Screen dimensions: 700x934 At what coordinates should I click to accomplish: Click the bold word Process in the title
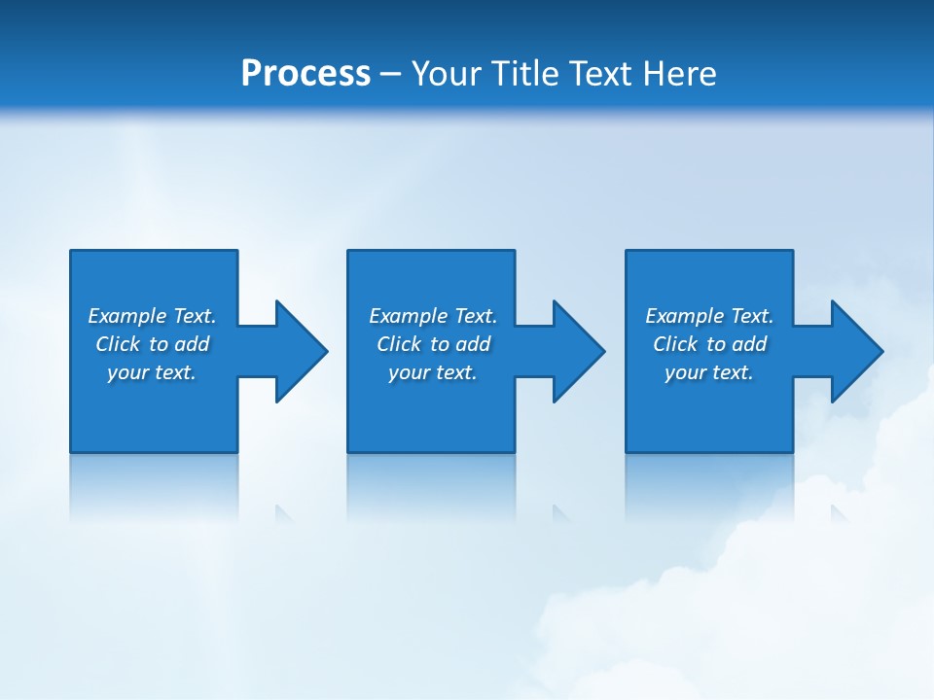[x=305, y=74]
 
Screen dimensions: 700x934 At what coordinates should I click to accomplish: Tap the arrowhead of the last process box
[x=855, y=351]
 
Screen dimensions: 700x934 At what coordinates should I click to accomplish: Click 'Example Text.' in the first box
[x=152, y=316]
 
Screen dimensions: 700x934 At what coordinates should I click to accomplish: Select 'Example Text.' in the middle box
[x=433, y=316]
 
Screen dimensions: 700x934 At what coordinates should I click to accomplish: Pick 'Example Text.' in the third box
[x=709, y=316]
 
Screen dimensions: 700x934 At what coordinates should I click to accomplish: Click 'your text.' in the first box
[x=152, y=372]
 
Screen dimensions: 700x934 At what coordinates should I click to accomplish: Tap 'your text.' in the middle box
[x=433, y=372]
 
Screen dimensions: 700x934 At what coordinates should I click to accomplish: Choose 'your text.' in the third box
[x=709, y=372]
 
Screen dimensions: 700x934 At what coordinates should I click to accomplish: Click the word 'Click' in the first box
[x=118, y=344]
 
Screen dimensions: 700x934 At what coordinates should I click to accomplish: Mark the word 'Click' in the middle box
[x=399, y=344]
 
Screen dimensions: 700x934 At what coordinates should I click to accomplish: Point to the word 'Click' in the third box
[x=675, y=344]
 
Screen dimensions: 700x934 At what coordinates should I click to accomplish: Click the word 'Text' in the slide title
[x=600, y=74]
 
